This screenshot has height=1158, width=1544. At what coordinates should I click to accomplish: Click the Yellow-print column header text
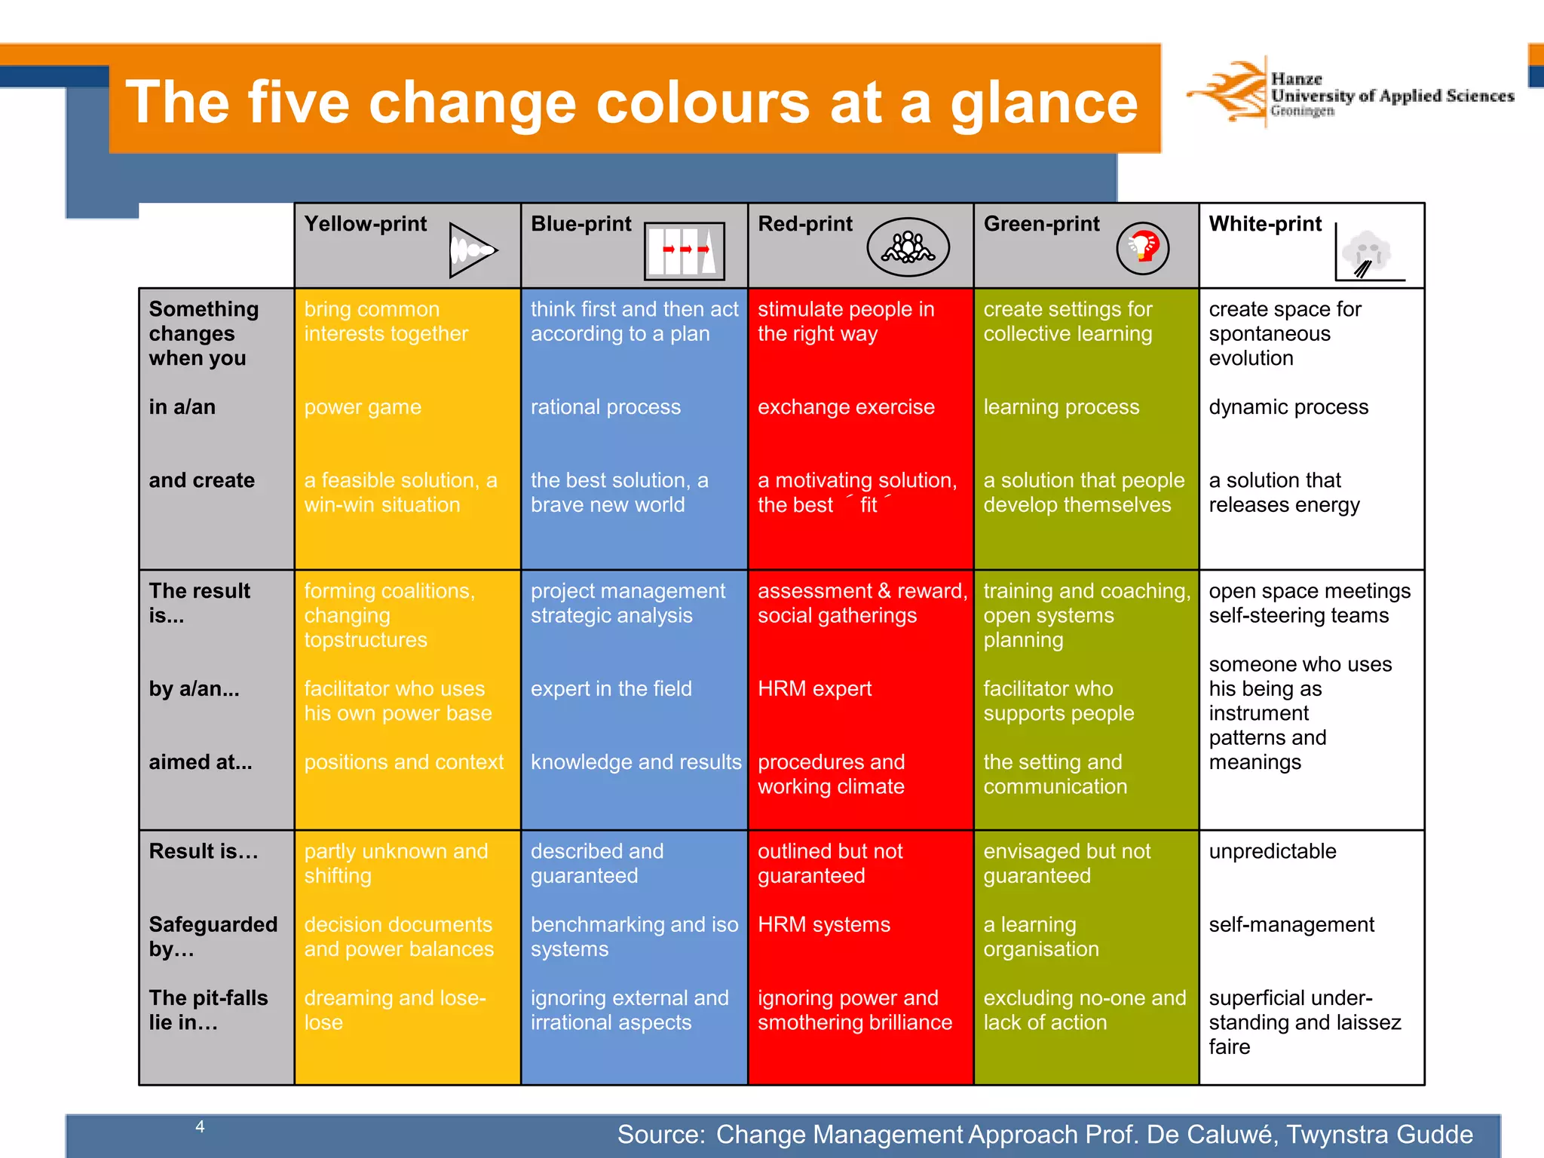click(x=366, y=224)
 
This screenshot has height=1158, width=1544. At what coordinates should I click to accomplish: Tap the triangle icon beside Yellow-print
click(x=472, y=250)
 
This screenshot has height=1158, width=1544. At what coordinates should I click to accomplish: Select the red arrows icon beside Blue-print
click(x=685, y=250)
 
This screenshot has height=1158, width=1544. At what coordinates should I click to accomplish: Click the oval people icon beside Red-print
click(x=908, y=247)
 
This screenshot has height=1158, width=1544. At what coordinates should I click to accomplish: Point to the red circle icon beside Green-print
click(x=1142, y=247)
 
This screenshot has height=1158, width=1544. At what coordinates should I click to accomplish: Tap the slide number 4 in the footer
click(x=200, y=1126)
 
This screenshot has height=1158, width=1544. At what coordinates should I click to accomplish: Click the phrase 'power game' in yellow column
click(x=363, y=407)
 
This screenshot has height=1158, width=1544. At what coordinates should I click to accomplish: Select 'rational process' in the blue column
click(x=605, y=407)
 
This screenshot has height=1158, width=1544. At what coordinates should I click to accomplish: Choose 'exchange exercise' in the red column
click(x=846, y=407)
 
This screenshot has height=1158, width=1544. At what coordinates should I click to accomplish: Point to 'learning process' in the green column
click(x=1061, y=407)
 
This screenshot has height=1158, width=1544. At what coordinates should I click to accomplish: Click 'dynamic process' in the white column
click(x=1288, y=407)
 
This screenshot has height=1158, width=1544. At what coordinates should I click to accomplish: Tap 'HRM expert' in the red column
click(x=814, y=688)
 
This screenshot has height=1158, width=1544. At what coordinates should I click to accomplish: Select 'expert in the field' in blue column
click(x=611, y=688)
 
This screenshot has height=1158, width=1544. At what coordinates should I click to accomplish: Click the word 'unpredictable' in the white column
click(x=1273, y=851)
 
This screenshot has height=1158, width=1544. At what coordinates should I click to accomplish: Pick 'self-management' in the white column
click(x=1291, y=924)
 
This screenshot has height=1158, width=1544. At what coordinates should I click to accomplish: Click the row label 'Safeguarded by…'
click(x=213, y=936)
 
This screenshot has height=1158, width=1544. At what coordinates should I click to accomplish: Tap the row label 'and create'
click(x=202, y=480)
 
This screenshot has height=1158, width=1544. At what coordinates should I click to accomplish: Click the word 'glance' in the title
click(x=1043, y=103)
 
